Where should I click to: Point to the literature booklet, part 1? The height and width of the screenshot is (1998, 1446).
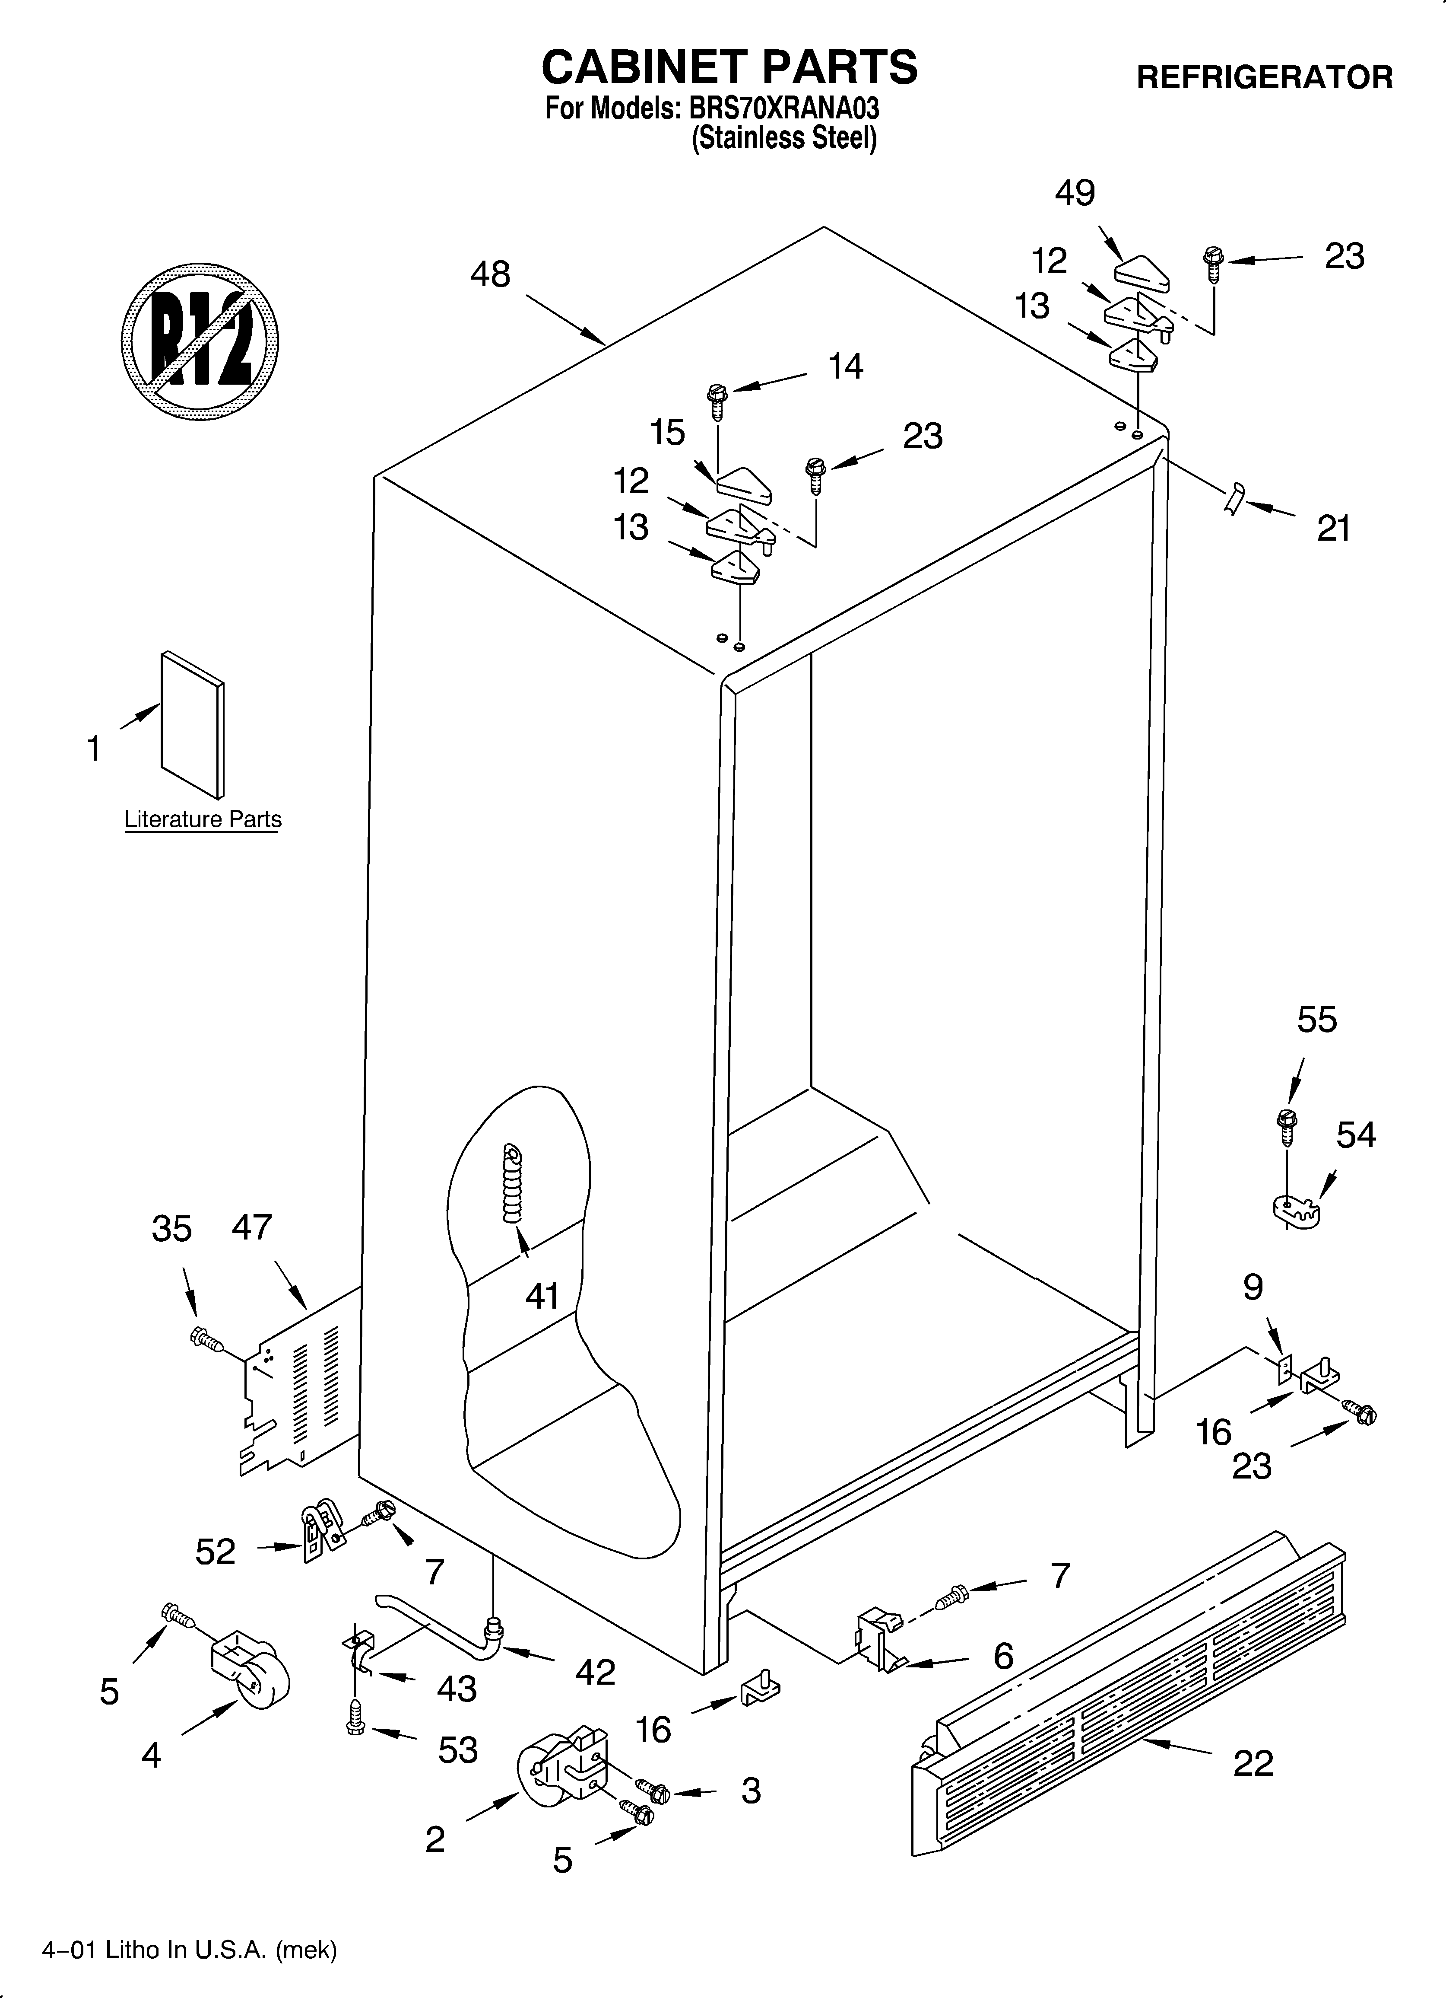(192, 724)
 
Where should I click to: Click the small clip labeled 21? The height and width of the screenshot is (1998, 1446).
(1234, 498)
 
